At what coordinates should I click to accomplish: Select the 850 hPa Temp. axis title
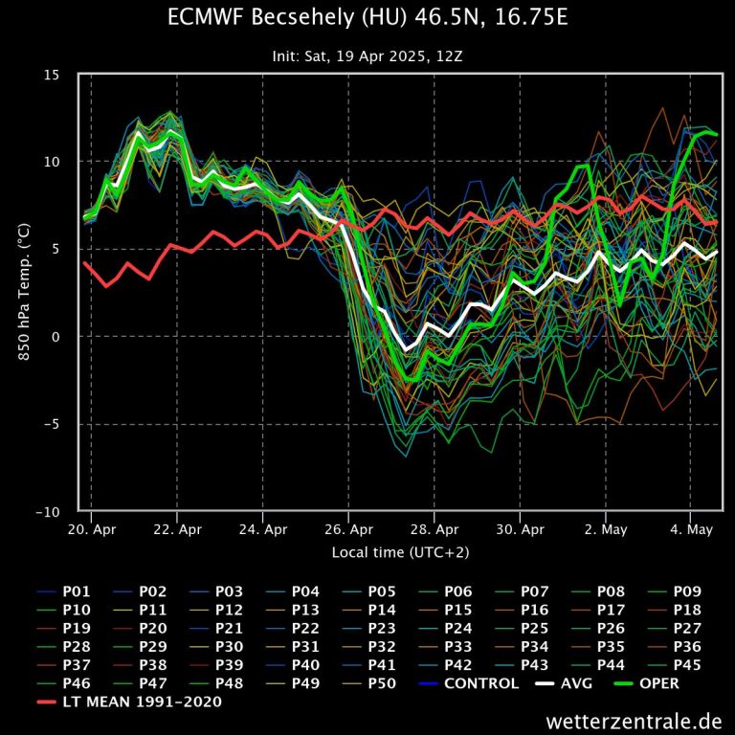23,292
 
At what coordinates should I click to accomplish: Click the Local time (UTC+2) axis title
400,552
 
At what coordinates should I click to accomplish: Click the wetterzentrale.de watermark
635,721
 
